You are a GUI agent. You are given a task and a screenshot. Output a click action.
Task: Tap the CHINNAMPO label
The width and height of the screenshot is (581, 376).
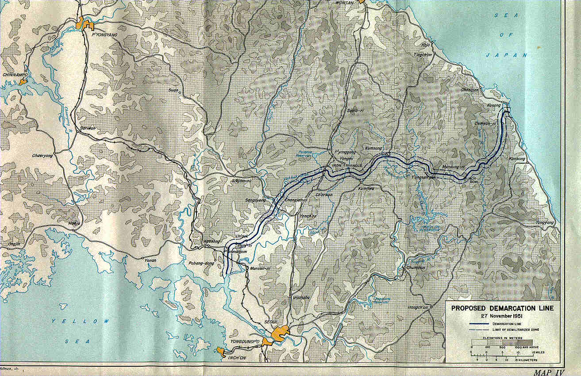tap(15, 75)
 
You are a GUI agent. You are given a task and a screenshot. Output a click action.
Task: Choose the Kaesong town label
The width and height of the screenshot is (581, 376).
tap(211, 241)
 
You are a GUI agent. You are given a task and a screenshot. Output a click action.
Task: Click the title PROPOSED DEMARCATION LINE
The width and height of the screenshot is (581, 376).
tap(502, 308)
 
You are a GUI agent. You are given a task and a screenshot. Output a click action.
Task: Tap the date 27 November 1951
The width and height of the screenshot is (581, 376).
tap(502, 316)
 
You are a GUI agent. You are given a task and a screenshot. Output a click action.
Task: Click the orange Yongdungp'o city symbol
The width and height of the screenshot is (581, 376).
tap(266, 341)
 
